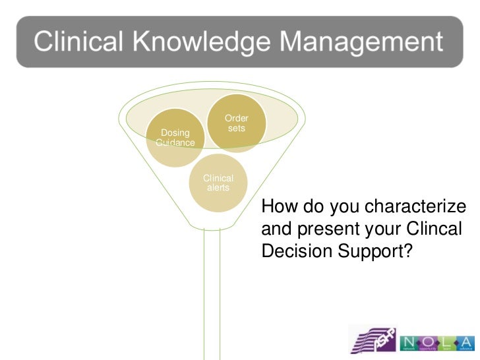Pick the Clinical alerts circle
click(x=218, y=183)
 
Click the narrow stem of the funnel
click(x=212, y=290)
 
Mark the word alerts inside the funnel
click(x=218, y=188)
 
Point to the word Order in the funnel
click(x=237, y=119)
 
